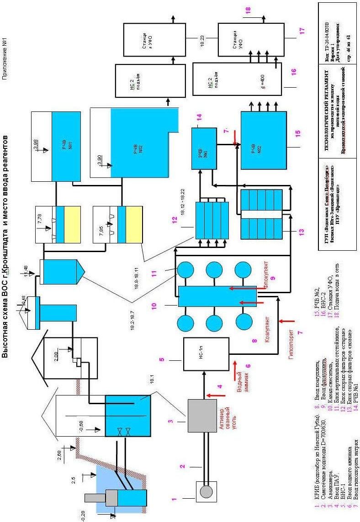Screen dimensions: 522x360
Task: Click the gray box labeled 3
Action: coord(202,415)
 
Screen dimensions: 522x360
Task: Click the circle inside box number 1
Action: coord(206,492)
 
